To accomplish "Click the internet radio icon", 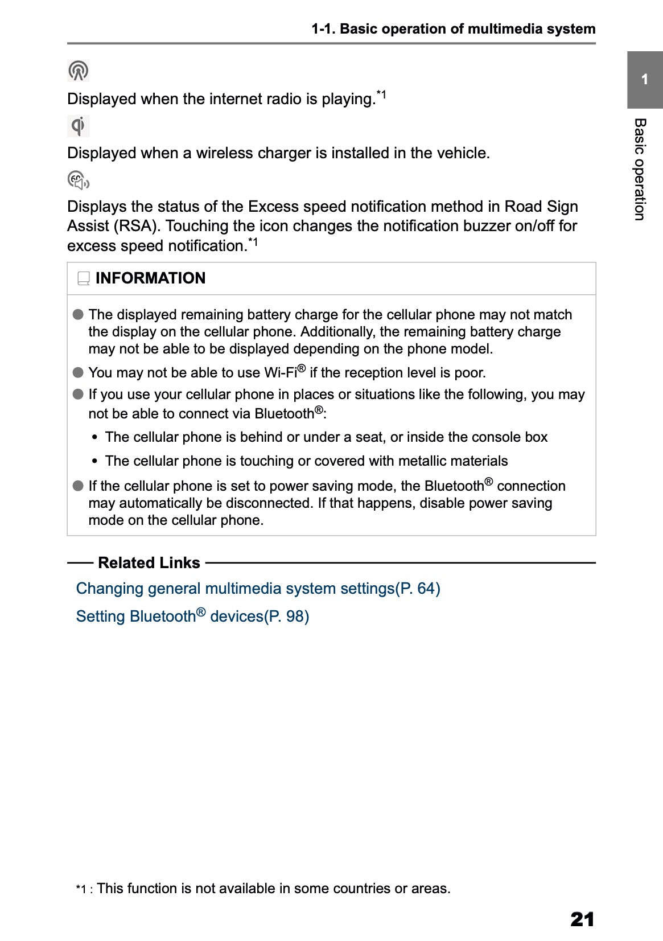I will (x=78, y=71).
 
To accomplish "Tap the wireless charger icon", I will (x=78, y=126).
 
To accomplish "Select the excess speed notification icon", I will (x=78, y=180).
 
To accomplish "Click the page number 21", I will (x=582, y=919).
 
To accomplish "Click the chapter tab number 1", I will (x=644, y=80).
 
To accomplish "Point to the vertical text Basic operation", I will (x=640, y=169).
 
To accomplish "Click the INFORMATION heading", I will (x=150, y=278).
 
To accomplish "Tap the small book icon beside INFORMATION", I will (x=84, y=278).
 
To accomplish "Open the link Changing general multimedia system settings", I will (x=258, y=589).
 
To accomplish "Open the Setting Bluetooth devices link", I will (x=192, y=617).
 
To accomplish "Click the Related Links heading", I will (x=149, y=563).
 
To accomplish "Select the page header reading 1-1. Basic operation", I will (x=453, y=29).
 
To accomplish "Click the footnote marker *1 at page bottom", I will (x=83, y=889).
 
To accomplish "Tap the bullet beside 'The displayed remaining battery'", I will (x=79, y=315).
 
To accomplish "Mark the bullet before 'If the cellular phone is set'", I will (x=79, y=486).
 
